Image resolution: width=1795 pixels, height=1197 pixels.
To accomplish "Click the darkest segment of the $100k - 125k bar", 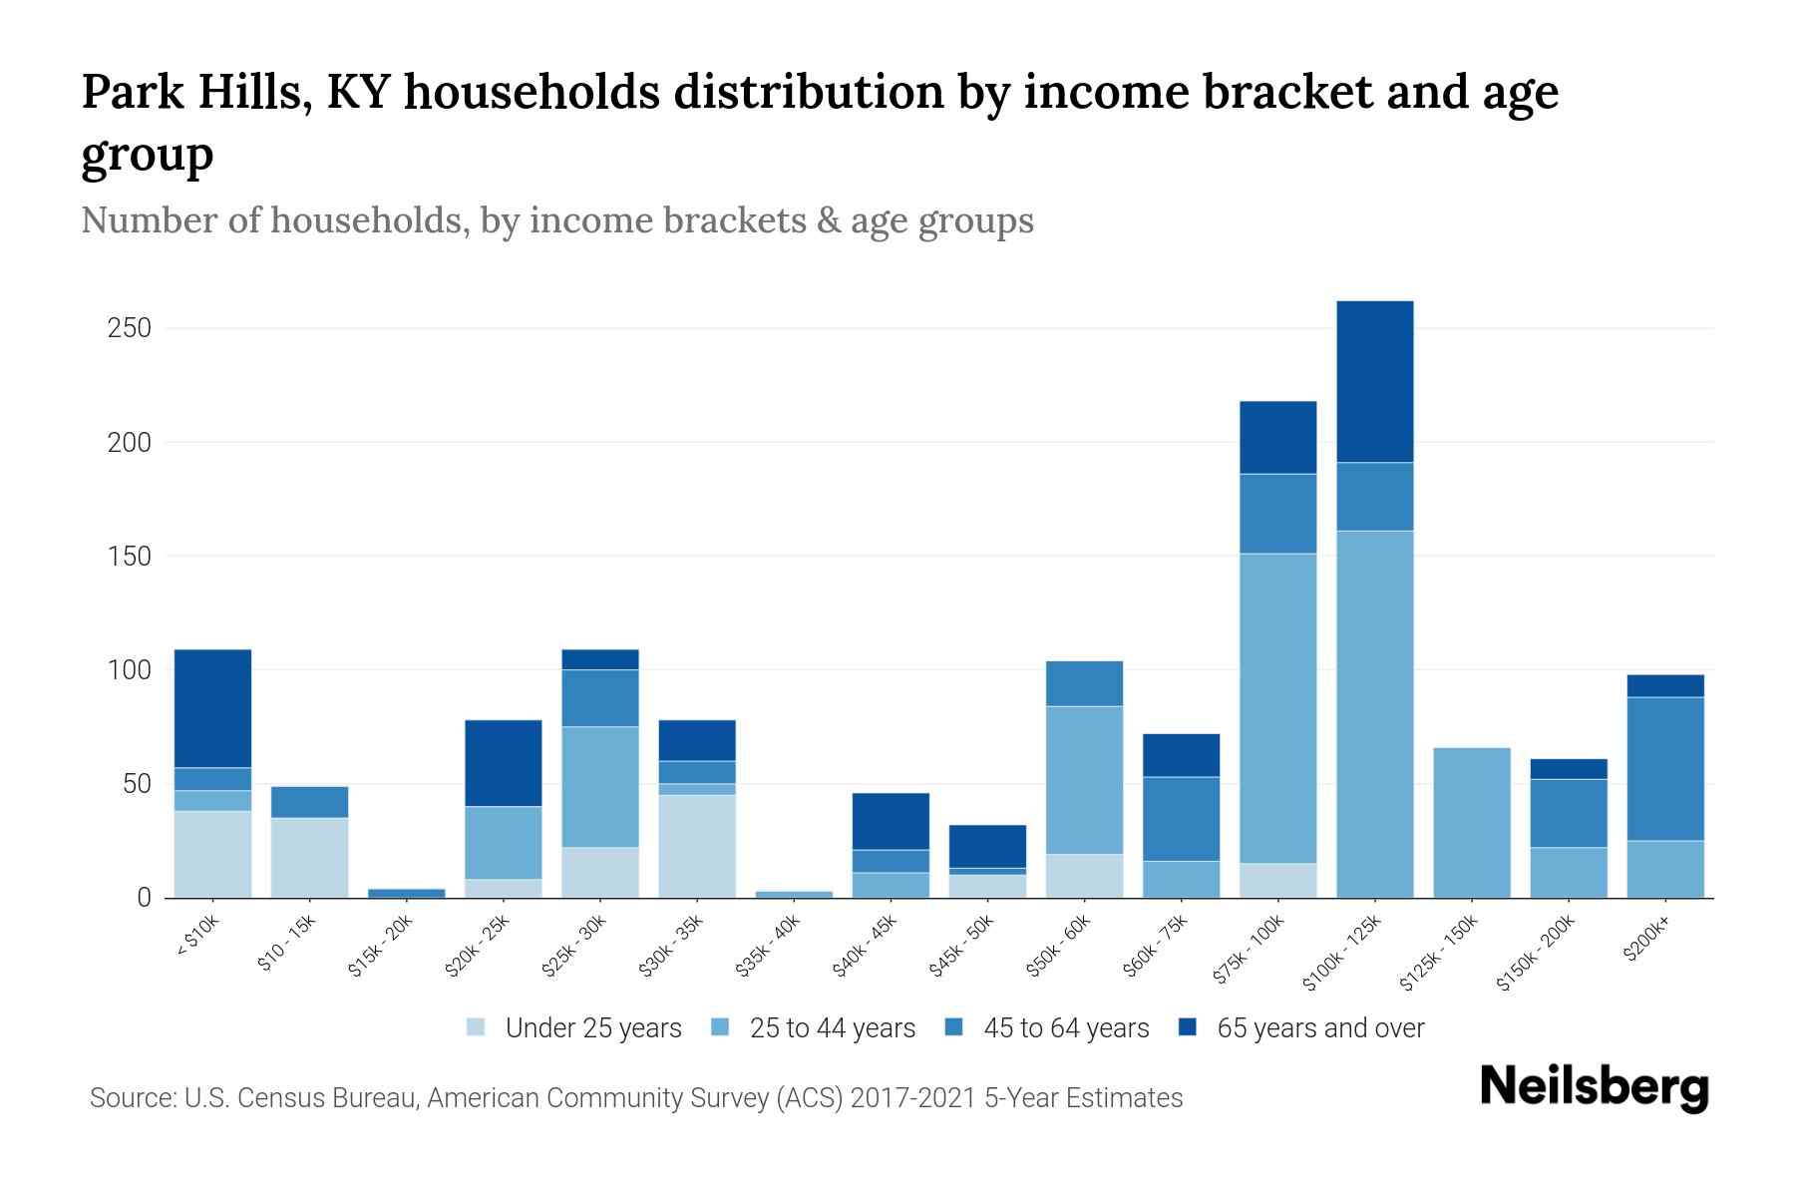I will click(x=1374, y=381).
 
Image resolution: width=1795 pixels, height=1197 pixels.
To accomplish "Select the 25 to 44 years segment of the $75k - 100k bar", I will click(x=1277, y=708).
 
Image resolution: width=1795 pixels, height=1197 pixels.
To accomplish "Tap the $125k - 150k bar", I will click(x=1471, y=823).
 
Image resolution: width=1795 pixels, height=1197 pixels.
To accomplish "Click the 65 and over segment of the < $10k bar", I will click(x=212, y=708).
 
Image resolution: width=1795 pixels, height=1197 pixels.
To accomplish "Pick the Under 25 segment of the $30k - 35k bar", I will click(x=697, y=846).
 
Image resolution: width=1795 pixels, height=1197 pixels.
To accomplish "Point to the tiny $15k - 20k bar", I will click(x=406, y=893).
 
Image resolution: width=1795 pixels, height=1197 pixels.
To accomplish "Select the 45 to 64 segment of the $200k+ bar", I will click(x=1664, y=768).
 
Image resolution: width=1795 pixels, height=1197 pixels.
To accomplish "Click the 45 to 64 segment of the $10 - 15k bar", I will click(x=309, y=802).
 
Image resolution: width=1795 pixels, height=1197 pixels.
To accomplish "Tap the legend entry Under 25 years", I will click(x=592, y=1028).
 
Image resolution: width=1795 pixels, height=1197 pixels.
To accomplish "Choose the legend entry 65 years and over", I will click(x=1319, y=1028).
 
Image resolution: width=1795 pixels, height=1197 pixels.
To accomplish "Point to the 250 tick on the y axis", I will click(x=129, y=328).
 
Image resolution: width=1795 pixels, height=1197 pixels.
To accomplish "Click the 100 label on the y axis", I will click(x=129, y=670).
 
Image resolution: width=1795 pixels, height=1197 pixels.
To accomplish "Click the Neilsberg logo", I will click(x=1594, y=1087).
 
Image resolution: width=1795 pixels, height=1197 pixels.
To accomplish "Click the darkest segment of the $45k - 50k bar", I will click(x=987, y=846).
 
